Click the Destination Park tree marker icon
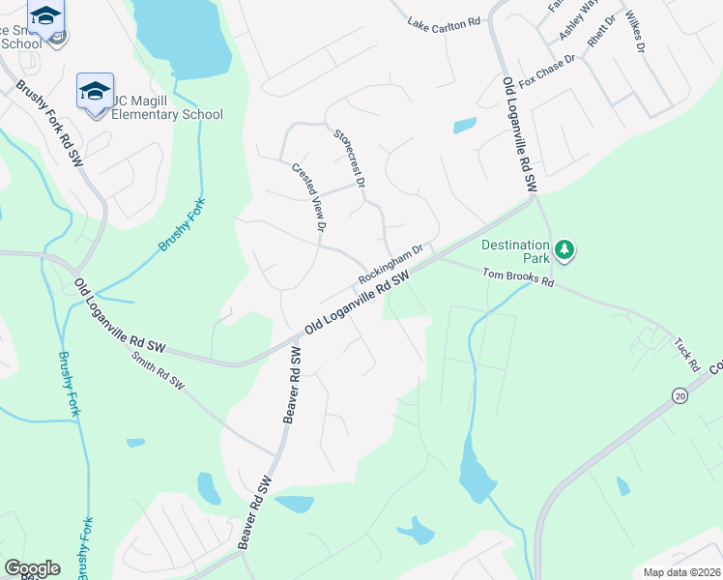(564, 250)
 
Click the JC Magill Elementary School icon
(95, 92)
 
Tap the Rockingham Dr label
(391, 263)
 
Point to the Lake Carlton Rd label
(444, 21)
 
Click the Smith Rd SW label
(158, 369)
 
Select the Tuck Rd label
(686, 354)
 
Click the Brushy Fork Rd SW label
(48, 126)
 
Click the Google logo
(33, 568)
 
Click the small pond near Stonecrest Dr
(465, 125)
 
